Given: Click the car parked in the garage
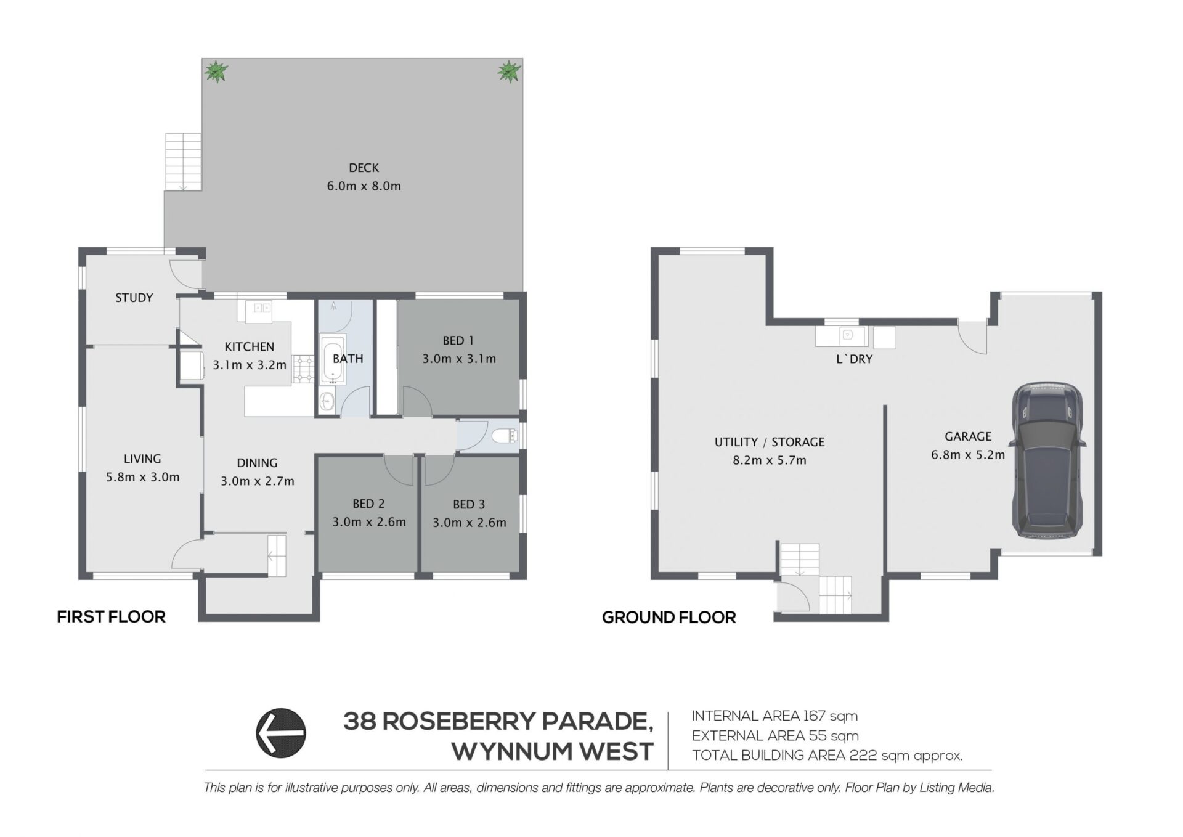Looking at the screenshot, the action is click(x=1047, y=460).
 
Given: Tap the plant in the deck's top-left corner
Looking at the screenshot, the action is click(x=216, y=71).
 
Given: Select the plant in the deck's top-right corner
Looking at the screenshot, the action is click(x=509, y=71).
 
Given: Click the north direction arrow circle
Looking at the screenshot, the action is click(x=281, y=733).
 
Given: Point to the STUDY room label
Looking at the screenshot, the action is click(x=134, y=298).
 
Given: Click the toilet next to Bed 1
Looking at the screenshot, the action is click(x=506, y=437).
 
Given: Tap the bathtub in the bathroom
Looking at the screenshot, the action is click(x=333, y=360).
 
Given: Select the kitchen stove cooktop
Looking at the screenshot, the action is click(x=303, y=369).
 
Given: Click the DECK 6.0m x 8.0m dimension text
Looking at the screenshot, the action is click(x=364, y=186).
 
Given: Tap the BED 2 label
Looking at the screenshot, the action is click(x=368, y=504).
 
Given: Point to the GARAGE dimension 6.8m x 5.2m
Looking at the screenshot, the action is click(x=968, y=455).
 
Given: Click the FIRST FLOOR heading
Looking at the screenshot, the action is click(x=111, y=617).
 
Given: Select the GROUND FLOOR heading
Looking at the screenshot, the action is click(x=669, y=618).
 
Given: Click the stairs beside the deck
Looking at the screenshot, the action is click(x=183, y=162).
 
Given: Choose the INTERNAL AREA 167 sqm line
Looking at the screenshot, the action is click(x=774, y=716).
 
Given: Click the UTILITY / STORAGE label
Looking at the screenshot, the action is click(x=769, y=442).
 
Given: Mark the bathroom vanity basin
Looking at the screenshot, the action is click(x=327, y=402).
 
